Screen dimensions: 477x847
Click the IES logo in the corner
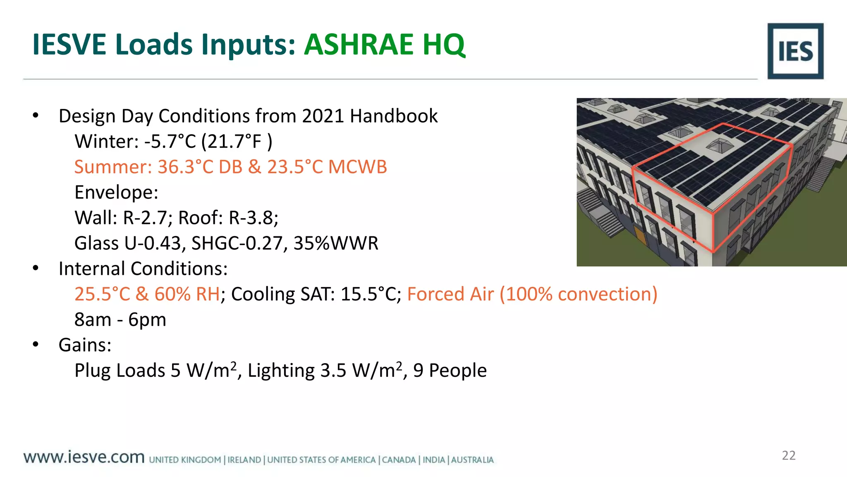795,51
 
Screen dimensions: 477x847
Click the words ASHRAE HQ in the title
385,44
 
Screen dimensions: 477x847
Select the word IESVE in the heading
70,44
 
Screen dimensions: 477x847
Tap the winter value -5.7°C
170,142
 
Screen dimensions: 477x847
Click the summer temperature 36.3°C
185,167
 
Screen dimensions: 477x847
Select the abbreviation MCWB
357,167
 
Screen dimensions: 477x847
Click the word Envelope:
116,193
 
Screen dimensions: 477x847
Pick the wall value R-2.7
145,218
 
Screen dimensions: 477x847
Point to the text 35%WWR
336,243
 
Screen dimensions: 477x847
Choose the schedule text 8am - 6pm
120,320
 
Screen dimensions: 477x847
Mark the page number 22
788,455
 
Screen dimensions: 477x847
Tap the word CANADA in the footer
399,460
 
